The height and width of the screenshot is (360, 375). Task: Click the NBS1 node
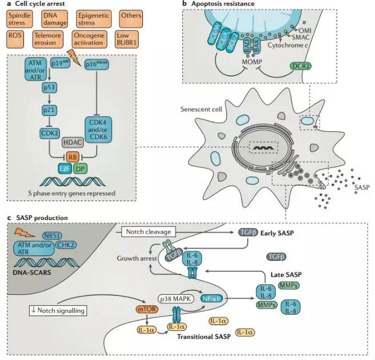coord(54,235)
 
